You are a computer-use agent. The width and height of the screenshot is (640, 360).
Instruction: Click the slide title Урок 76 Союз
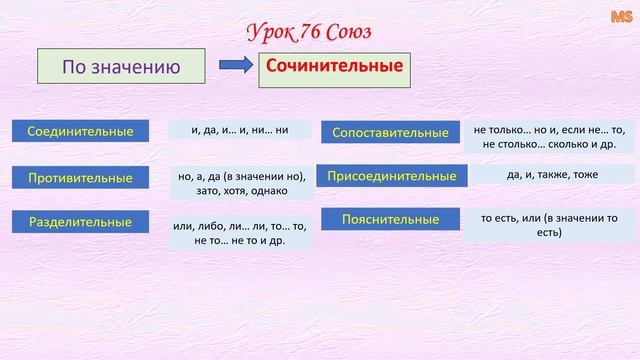pyautogui.click(x=309, y=32)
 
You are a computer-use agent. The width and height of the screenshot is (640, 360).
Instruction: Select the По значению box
pyautogui.click(x=121, y=68)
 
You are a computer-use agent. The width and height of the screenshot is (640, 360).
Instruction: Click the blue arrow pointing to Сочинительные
pyautogui.click(x=235, y=68)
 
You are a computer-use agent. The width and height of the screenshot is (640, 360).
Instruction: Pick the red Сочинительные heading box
pyautogui.click(x=333, y=67)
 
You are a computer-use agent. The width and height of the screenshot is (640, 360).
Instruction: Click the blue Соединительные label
pyautogui.click(x=80, y=131)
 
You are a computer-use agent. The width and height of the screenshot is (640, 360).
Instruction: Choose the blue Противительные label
pyautogui.click(x=80, y=178)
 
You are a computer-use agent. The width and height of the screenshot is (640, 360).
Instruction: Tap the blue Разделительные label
pyautogui.click(x=80, y=223)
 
